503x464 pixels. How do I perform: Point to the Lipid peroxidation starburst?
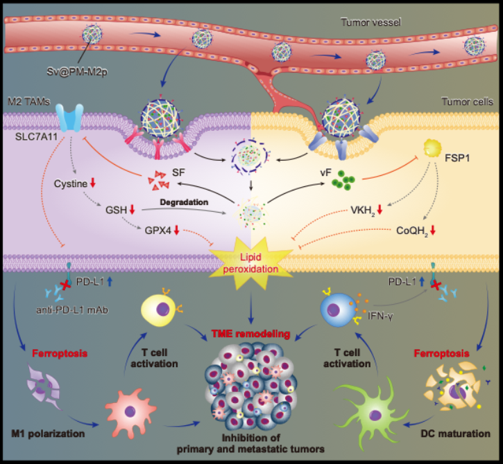point(251,260)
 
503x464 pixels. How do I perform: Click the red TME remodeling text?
point(251,333)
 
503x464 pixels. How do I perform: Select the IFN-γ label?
point(371,321)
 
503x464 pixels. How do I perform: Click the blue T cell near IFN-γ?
point(336,305)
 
